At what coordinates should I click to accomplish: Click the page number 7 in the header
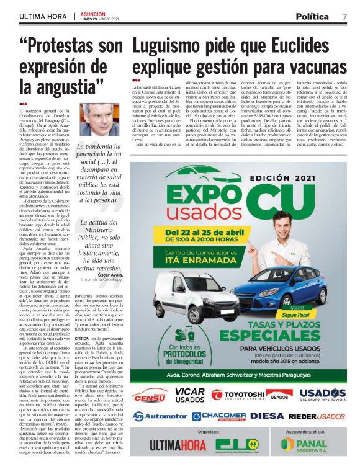point(344,16)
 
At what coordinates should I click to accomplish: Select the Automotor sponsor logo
point(159,416)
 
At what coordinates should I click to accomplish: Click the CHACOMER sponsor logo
point(218,416)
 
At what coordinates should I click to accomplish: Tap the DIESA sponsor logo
point(268,416)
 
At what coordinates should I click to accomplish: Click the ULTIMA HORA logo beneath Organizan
point(163,445)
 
